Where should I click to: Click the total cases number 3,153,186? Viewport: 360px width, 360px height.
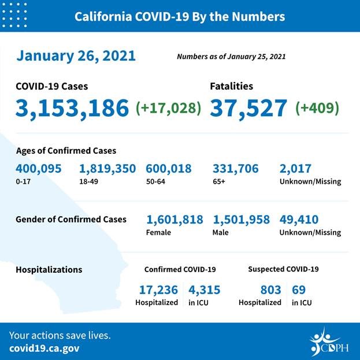pyautogui.click(x=72, y=107)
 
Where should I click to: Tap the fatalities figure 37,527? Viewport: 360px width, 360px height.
pyautogui.click(x=248, y=107)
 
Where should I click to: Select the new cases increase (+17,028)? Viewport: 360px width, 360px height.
pyautogui.click(x=168, y=108)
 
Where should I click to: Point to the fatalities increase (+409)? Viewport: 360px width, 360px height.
pyautogui.click(x=317, y=108)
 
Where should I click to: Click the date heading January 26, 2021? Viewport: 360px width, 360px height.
pyautogui.click(x=76, y=56)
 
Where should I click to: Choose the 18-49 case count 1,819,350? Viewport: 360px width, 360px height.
pyautogui.click(x=107, y=169)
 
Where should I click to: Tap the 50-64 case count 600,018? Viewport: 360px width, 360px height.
pyautogui.click(x=172, y=169)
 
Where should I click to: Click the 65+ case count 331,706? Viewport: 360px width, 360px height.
pyautogui.click(x=236, y=169)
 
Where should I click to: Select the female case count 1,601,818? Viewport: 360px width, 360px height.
pyautogui.click(x=175, y=220)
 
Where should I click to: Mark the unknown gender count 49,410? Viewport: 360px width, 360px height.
pyautogui.click(x=299, y=220)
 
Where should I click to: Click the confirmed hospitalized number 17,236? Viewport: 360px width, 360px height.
pyautogui.click(x=158, y=290)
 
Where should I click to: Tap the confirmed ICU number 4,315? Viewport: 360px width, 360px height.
pyautogui.click(x=204, y=290)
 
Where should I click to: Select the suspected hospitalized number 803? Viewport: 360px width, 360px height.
pyautogui.click(x=270, y=290)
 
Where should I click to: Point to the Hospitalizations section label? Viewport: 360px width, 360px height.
pyautogui.click(x=49, y=269)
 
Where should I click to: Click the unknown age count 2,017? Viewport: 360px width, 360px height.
pyautogui.click(x=295, y=169)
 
